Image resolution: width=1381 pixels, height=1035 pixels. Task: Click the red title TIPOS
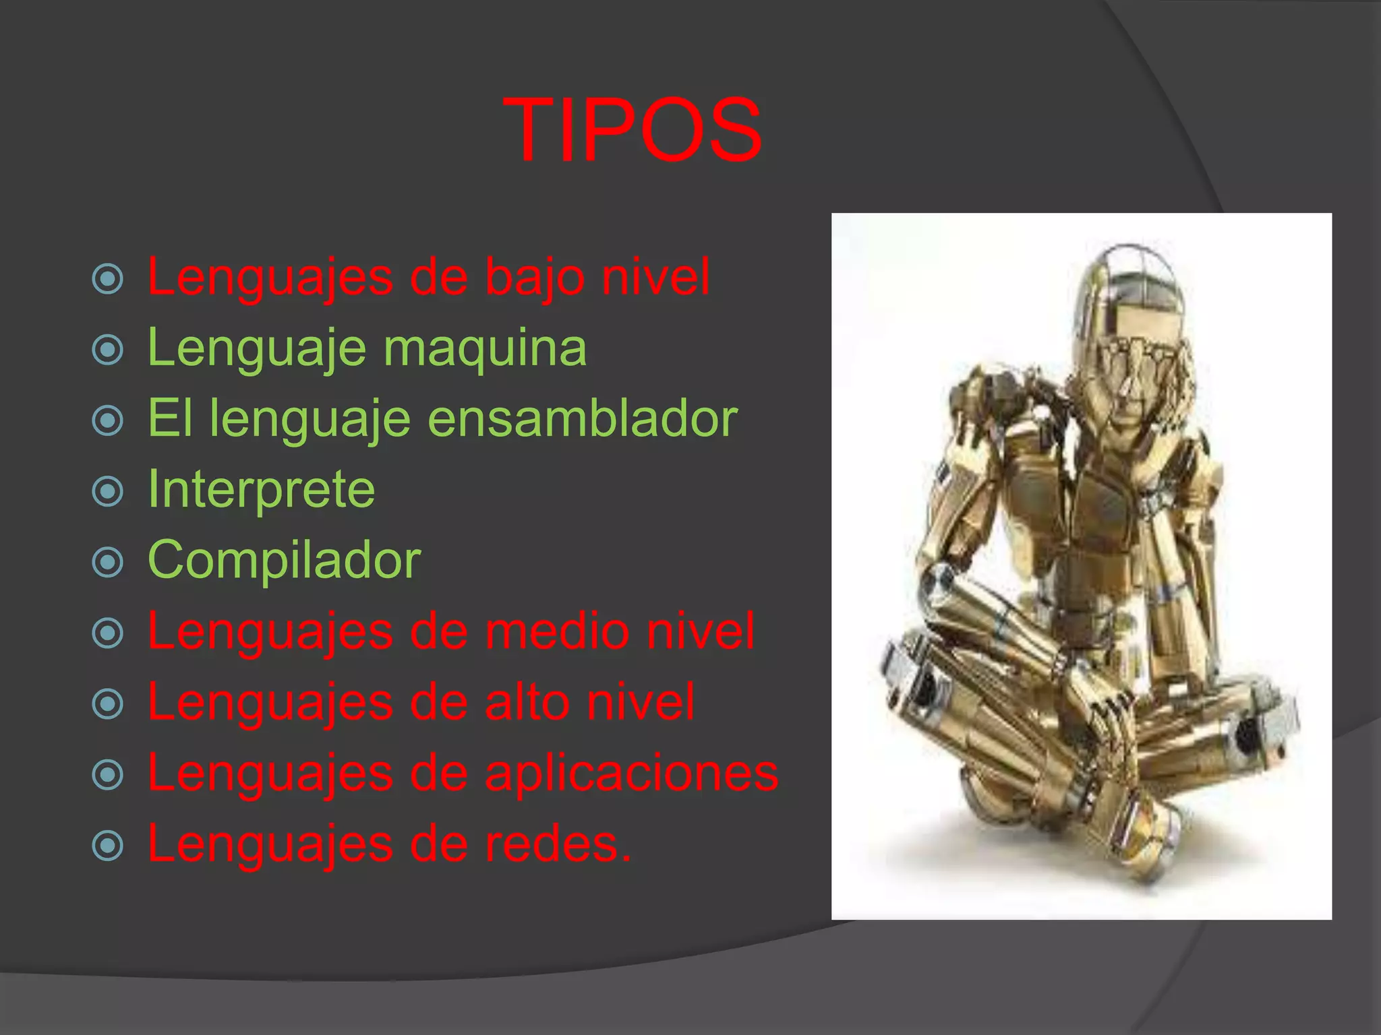(633, 130)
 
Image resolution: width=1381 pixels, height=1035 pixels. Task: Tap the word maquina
(485, 348)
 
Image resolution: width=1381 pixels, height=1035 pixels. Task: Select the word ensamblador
(583, 418)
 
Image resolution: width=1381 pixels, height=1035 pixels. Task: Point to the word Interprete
(261, 489)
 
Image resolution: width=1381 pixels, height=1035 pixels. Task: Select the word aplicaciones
(631, 773)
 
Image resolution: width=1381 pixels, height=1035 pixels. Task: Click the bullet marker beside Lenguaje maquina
(108, 350)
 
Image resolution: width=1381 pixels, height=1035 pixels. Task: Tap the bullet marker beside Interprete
(108, 491)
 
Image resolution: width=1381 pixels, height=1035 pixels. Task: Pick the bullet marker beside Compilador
(108, 562)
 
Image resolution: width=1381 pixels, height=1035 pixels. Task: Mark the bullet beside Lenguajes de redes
(108, 846)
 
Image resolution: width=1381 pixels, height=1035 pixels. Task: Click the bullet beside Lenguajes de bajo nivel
(108, 279)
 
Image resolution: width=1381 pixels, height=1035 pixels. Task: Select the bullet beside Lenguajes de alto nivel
(108, 704)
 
